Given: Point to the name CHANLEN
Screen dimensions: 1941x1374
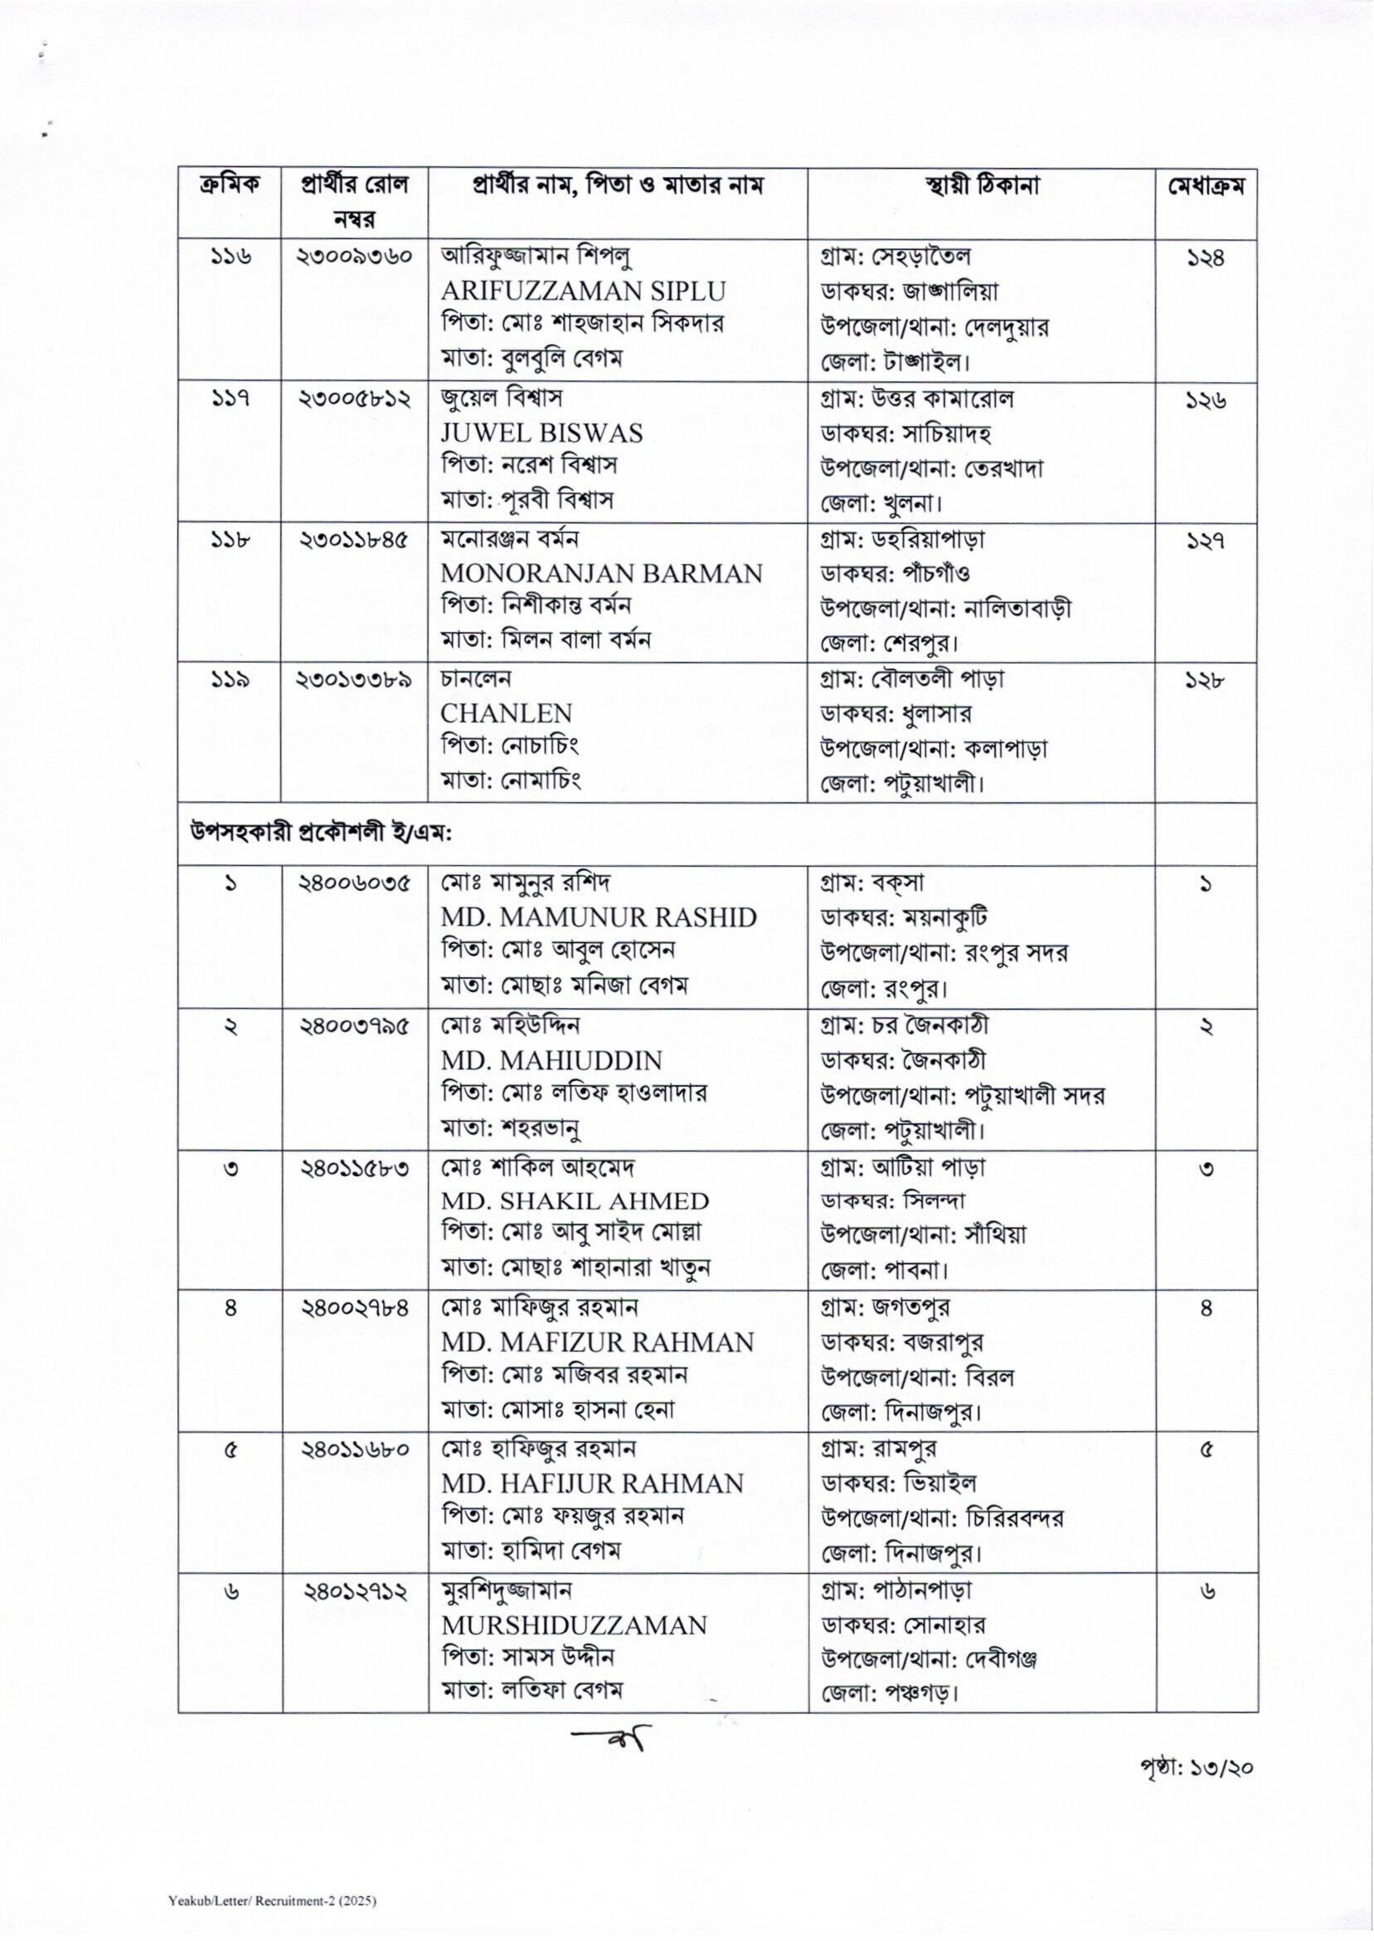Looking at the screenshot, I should [x=506, y=713].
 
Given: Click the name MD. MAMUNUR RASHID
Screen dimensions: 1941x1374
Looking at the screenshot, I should [x=598, y=917].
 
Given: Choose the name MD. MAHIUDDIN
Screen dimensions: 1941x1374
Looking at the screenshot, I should [x=551, y=1060].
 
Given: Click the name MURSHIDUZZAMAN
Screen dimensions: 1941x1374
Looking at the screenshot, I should [x=574, y=1625].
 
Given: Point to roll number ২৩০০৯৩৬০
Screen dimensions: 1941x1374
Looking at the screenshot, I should [x=355, y=256].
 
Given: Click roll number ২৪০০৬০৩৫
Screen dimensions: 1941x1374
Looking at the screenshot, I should [x=355, y=884].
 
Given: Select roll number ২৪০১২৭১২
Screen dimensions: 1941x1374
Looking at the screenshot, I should [x=355, y=1591].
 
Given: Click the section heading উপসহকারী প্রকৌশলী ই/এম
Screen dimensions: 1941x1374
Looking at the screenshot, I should [x=321, y=834].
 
